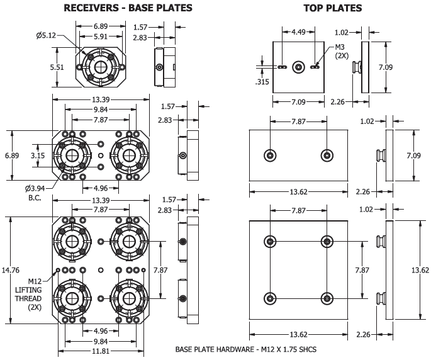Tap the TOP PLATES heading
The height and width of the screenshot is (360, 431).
click(x=332, y=8)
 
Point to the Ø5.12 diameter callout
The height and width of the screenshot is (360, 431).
click(x=46, y=36)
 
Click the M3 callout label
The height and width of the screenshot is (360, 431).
click(x=340, y=47)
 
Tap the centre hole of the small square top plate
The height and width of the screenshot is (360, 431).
click(x=299, y=65)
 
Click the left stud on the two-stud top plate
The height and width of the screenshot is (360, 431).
click(x=270, y=155)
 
